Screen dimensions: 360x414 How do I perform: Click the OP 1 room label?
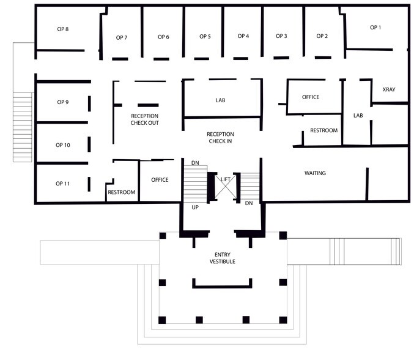[375, 28]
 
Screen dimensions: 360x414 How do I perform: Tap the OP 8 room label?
[63, 29]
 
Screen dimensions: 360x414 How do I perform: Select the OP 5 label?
[205, 37]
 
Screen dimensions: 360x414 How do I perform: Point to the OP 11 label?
[63, 184]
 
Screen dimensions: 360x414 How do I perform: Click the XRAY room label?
[389, 90]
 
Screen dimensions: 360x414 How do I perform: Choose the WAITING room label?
[315, 173]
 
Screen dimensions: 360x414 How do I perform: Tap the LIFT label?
[226, 179]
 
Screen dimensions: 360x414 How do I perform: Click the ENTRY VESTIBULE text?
[222, 258]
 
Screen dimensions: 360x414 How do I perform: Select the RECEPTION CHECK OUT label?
[145, 119]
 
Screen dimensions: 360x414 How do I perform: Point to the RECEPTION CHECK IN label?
[220, 138]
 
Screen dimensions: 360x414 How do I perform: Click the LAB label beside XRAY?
[358, 115]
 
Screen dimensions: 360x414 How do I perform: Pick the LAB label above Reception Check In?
[221, 100]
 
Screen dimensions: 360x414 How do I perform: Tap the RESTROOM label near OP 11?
[121, 192]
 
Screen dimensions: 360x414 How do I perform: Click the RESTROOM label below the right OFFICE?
[323, 130]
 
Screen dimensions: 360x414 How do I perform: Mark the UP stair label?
[195, 208]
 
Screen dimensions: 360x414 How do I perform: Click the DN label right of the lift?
[249, 203]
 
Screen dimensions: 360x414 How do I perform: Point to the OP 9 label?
[63, 102]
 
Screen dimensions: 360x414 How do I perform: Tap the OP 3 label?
[281, 37]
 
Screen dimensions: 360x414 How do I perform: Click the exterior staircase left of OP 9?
[23, 127]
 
